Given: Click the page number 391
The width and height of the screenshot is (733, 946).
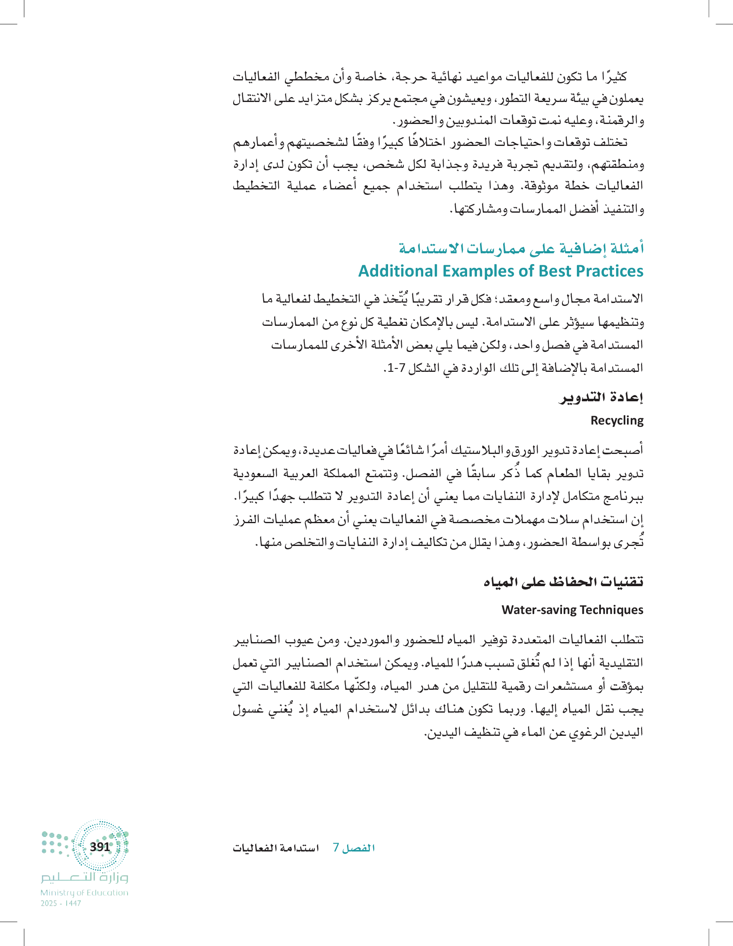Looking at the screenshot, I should tap(100, 847).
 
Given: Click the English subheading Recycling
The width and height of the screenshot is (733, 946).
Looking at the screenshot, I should tap(617, 421).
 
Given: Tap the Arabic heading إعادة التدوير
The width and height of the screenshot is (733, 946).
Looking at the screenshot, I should tap(601, 398).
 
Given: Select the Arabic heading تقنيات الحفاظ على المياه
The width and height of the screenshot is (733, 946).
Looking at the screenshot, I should tap(563, 582).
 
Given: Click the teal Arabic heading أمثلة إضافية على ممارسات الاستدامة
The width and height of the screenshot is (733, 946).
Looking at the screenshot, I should tap(521, 248).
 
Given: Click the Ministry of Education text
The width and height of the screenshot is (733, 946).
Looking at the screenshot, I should tap(84, 893).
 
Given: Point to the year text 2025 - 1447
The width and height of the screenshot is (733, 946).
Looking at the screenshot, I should tap(60, 904).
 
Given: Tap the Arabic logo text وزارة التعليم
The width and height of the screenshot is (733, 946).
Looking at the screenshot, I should tap(84, 878).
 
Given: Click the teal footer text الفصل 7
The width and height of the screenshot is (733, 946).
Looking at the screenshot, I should tap(354, 848).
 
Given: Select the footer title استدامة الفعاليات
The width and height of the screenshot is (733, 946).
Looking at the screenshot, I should tap(276, 848).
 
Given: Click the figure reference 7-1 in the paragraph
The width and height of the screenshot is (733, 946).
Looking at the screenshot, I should tap(396, 368).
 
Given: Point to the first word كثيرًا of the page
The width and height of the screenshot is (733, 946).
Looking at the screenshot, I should tap(612, 77).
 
